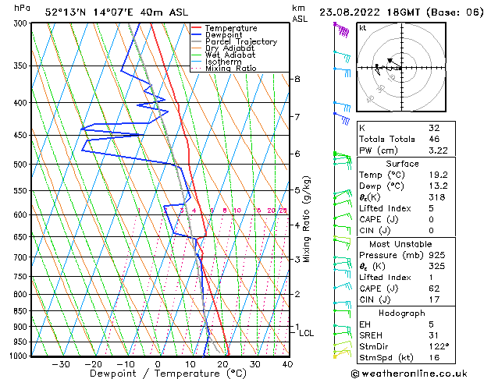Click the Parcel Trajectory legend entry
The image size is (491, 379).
pos(240,41)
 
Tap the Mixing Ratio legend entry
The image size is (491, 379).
pos(231,69)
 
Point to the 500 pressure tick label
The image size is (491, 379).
pos(17,165)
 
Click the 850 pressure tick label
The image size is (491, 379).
pos(17,311)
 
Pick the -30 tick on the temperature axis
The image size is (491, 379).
pos(61,364)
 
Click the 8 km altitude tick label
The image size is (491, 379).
pos(297,80)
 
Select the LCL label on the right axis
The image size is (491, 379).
pos(307,333)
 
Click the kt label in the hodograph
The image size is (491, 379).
pos(363,27)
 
